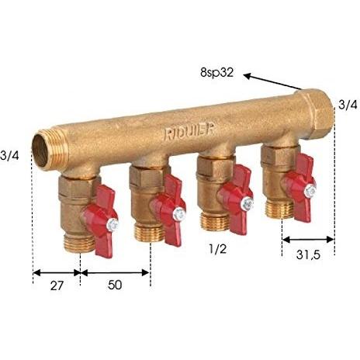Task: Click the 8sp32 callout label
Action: (x=216, y=73)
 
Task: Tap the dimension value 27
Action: (x=57, y=286)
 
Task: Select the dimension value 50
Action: (x=115, y=285)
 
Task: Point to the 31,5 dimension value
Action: (x=308, y=255)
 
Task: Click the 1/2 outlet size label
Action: (x=218, y=249)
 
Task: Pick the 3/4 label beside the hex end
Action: (x=348, y=105)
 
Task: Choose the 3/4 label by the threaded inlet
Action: (x=9, y=156)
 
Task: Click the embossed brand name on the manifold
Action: (x=189, y=132)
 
